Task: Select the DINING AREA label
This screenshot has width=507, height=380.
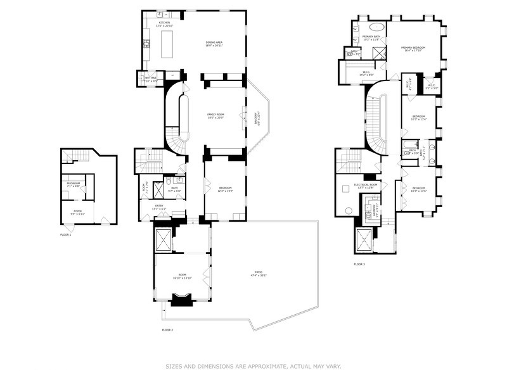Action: coord(214,44)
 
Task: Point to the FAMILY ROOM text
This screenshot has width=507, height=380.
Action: coord(216,116)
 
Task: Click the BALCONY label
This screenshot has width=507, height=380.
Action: coord(257,117)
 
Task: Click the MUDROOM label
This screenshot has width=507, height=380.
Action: coord(73,184)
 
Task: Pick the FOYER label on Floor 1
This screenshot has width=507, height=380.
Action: coord(77,213)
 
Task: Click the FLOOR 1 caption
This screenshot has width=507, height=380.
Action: coord(66,234)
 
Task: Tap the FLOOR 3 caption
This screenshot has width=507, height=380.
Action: coord(359,263)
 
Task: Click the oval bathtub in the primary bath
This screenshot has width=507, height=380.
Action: coord(376,27)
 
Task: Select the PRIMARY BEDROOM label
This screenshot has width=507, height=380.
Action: coord(413,48)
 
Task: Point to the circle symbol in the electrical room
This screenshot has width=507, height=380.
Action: coord(349,211)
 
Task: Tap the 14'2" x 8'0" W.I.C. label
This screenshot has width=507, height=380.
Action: coord(366,73)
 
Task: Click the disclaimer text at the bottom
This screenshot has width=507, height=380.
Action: coord(253,366)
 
